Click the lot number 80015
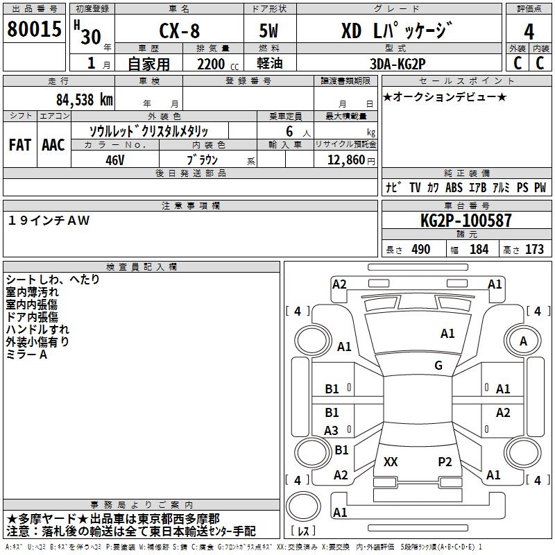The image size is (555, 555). (33, 31)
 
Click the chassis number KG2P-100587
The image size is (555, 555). (466, 221)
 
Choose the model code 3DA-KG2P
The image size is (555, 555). (398, 62)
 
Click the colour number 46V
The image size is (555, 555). (114, 160)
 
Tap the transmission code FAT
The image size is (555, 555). (19, 145)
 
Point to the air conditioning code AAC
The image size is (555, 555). (53, 145)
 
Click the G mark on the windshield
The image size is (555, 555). (438, 366)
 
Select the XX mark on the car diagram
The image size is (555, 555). (391, 461)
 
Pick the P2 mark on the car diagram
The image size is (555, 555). (445, 461)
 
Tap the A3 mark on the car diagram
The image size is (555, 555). (332, 431)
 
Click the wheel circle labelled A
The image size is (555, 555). (524, 341)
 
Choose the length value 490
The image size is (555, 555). (421, 250)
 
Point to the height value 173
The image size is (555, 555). (534, 250)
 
